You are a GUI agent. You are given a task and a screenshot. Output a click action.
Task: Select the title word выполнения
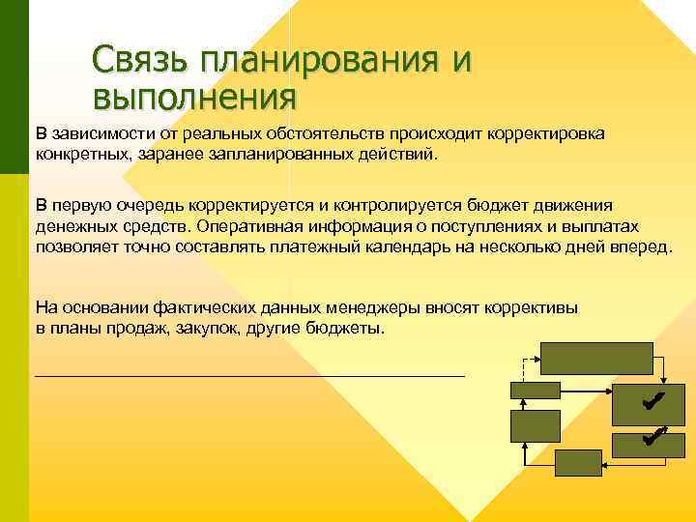(194, 97)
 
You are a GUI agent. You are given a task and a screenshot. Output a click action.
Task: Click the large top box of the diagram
(597, 359)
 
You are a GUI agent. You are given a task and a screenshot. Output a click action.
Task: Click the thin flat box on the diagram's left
(535, 391)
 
